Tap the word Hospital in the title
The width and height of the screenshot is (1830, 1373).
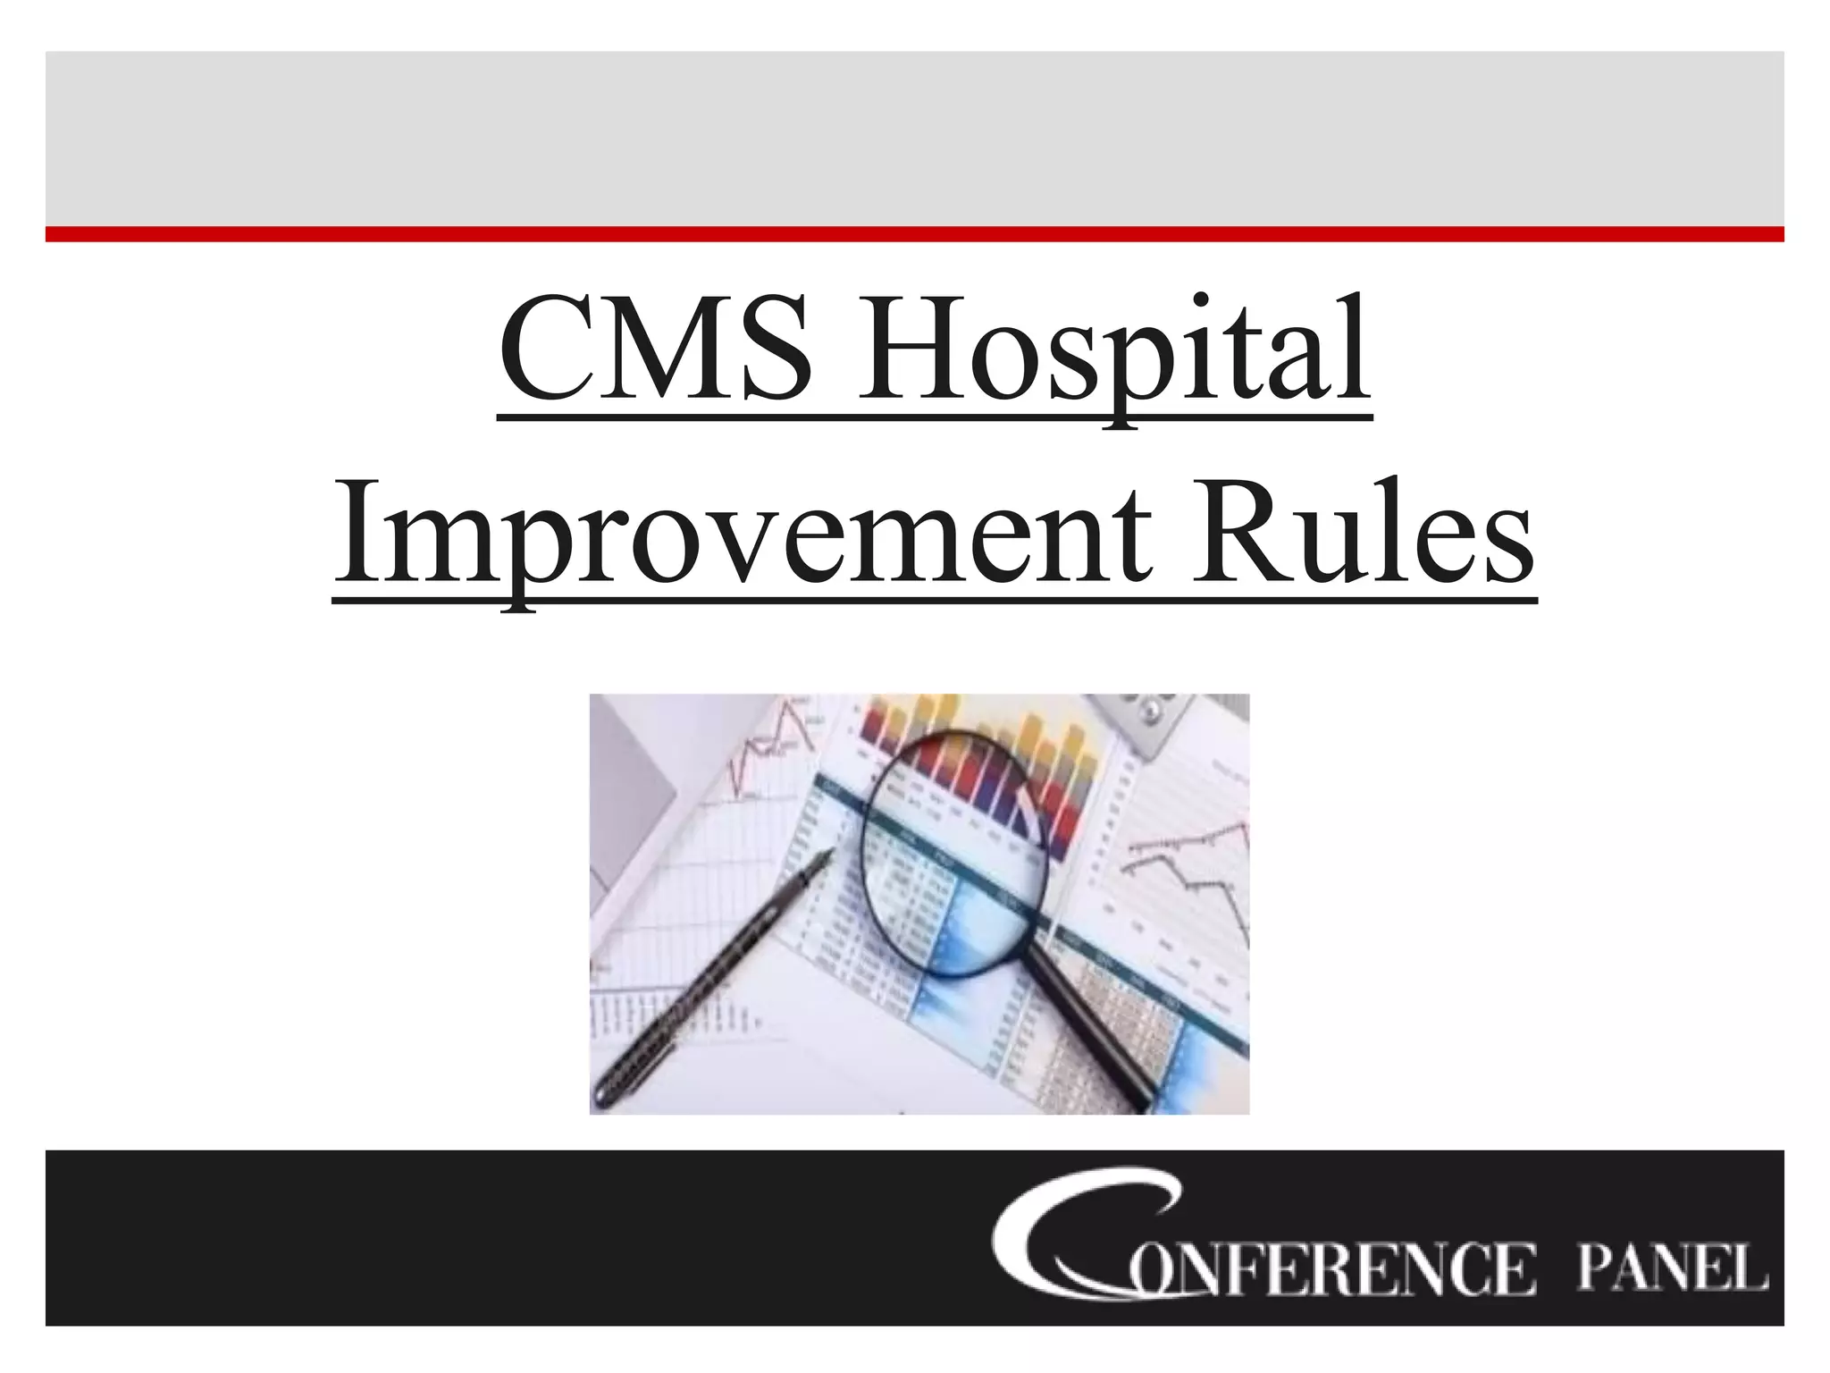tap(1112, 350)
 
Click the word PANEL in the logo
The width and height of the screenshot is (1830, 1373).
tap(1671, 1268)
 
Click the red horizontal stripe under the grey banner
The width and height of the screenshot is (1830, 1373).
tap(915, 234)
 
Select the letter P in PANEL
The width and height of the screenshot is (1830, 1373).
tap(1596, 1268)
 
